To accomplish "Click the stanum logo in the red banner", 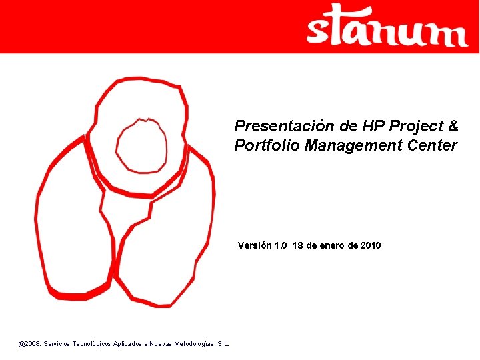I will coord(387,26).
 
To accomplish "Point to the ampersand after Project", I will coord(453,126).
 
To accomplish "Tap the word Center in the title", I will coord(433,146).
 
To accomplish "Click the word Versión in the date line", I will coord(255,245).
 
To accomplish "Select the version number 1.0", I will coord(280,245).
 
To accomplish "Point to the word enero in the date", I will coord(331,245).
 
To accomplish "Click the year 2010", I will coord(371,245).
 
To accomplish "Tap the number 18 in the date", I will coord(298,245).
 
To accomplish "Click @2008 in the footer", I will coord(29,343).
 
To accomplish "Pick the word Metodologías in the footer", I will coord(195,343).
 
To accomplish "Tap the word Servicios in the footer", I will coord(57,343).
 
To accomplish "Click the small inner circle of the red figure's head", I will coord(141,145).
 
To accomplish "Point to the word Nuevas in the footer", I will coord(161,343).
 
